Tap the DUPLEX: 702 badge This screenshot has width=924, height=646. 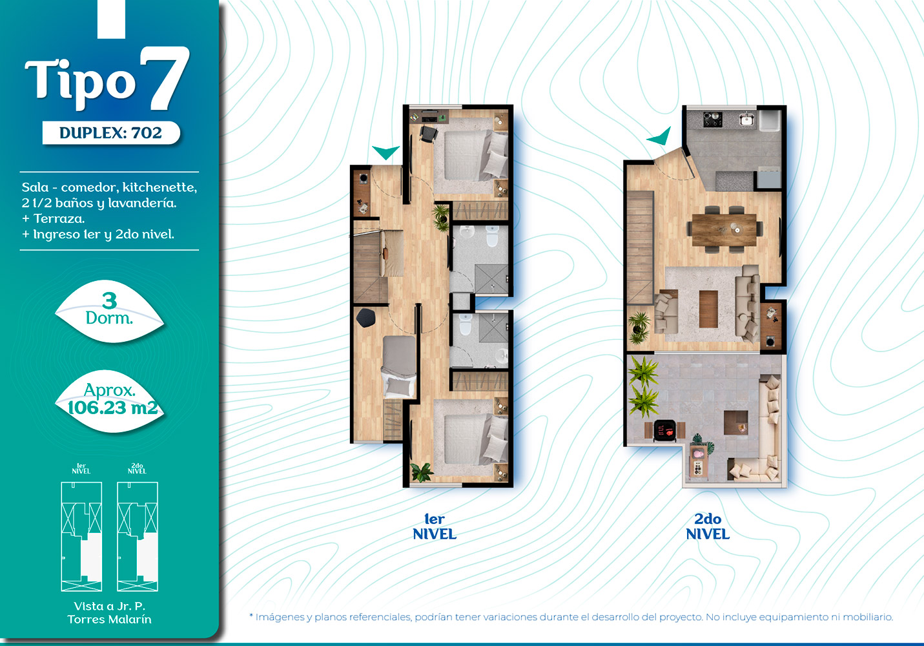(x=111, y=133)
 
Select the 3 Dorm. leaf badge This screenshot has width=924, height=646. (x=109, y=311)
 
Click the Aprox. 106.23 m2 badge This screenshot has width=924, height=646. (x=110, y=401)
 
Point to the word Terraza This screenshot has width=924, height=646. (x=59, y=218)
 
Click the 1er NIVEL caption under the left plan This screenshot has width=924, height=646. (x=435, y=526)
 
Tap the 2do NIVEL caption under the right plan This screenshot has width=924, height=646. (x=708, y=526)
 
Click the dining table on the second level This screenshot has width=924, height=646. (x=724, y=229)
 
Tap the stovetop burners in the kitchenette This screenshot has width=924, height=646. (x=712, y=120)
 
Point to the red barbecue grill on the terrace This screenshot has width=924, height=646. (x=664, y=430)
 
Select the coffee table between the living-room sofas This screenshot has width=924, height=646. (x=709, y=309)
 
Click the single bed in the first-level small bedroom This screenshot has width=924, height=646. (x=399, y=366)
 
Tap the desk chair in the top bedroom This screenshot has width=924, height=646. (x=428, y=134)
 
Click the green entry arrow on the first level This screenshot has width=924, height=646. (x=385, y=152)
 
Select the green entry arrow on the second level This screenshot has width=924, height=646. (x=661, y=137)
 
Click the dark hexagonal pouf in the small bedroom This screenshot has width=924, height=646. (x=365, y=317)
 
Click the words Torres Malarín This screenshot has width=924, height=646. (x=109, y=619)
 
